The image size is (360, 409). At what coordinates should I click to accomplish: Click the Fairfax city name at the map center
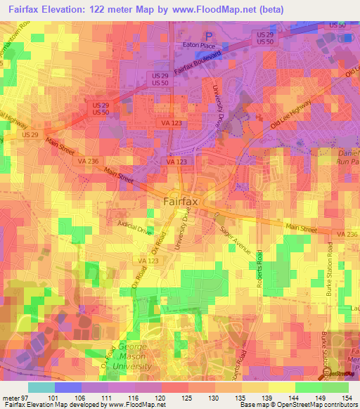click(180, 202)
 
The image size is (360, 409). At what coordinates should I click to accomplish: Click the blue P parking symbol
click(208, 35)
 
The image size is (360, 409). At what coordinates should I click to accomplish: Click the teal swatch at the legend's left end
click(41, 387)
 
